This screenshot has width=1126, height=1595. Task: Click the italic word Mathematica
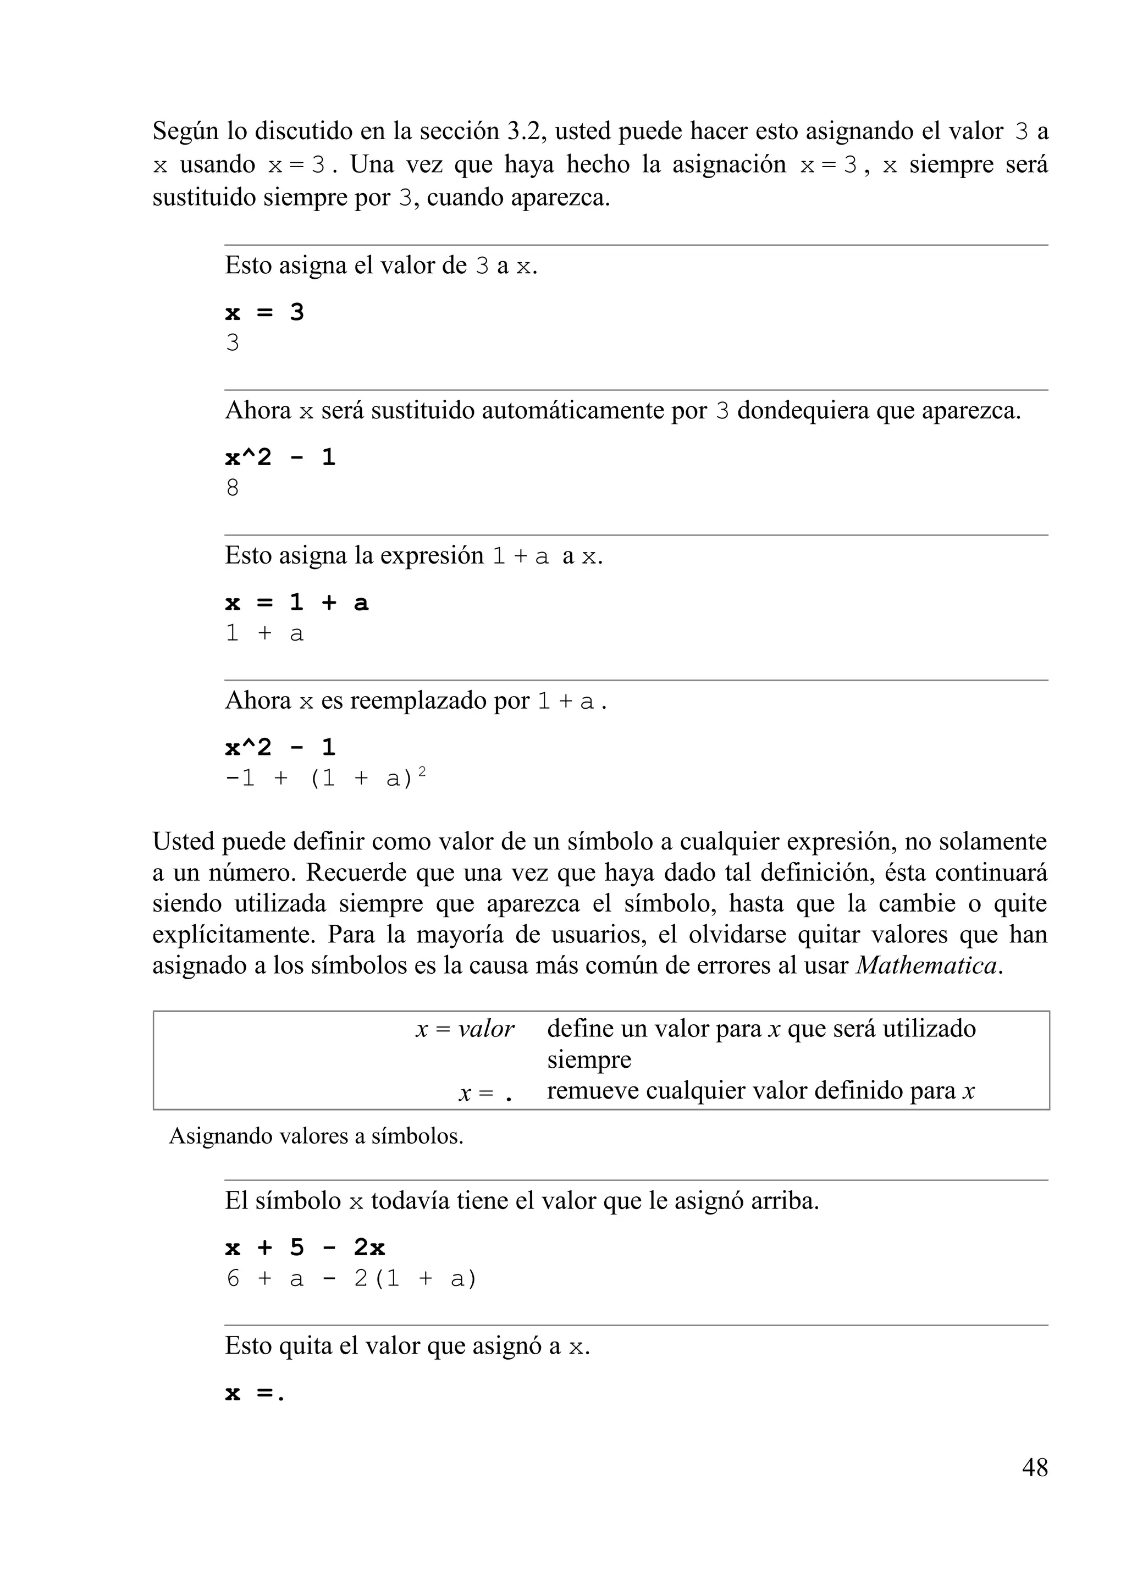[x=926, y=965]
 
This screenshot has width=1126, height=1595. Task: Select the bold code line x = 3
[x=264, y=313]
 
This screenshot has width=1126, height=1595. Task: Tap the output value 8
[x=233, y=488]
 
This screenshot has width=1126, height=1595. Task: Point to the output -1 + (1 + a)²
[x=325, y=777]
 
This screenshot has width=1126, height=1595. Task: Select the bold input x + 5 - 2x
[x=305, y=1248]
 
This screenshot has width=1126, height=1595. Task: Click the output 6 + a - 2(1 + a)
[x=351, y=1278]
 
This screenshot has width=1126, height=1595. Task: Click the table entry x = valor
[x=465, y=1029]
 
